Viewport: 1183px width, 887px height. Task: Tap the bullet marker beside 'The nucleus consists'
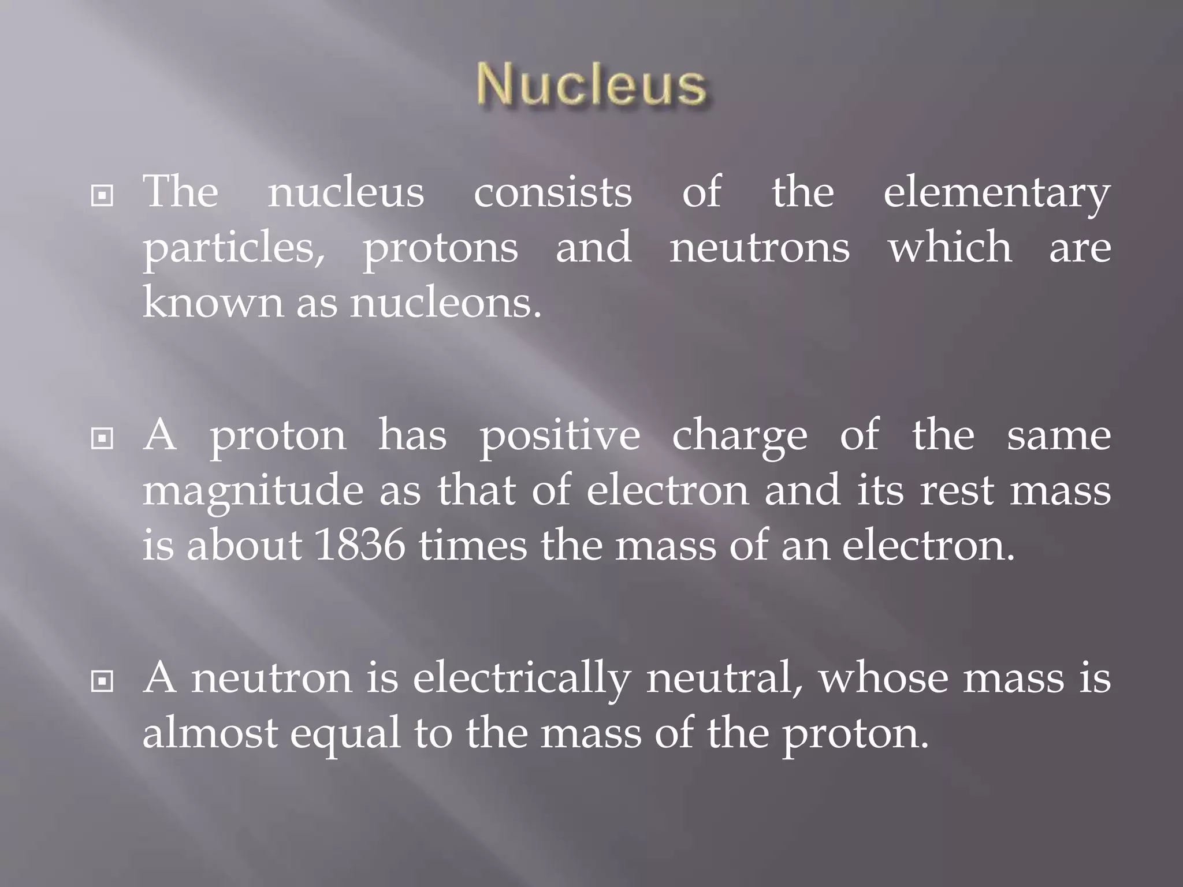click(x=102, y=196)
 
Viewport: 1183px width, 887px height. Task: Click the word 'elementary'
click(x=996, y=193)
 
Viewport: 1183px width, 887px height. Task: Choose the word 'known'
click(x=213, y=301)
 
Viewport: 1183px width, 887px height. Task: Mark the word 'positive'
click(x=560, y=437)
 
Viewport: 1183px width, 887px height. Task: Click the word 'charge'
click(x=739, y=437)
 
